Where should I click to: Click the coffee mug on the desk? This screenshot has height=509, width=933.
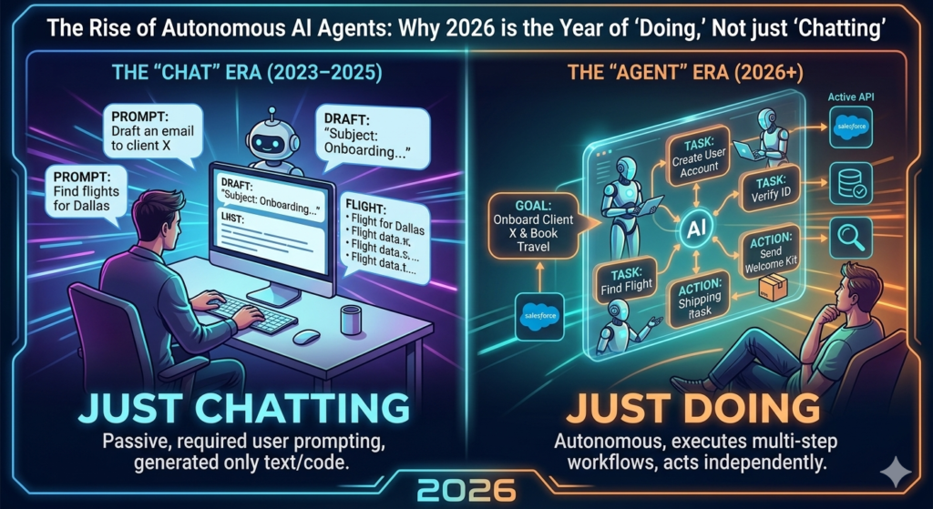click(x=350, y=320)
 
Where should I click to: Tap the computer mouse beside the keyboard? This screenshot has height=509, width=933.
click(x=306, y=337)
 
